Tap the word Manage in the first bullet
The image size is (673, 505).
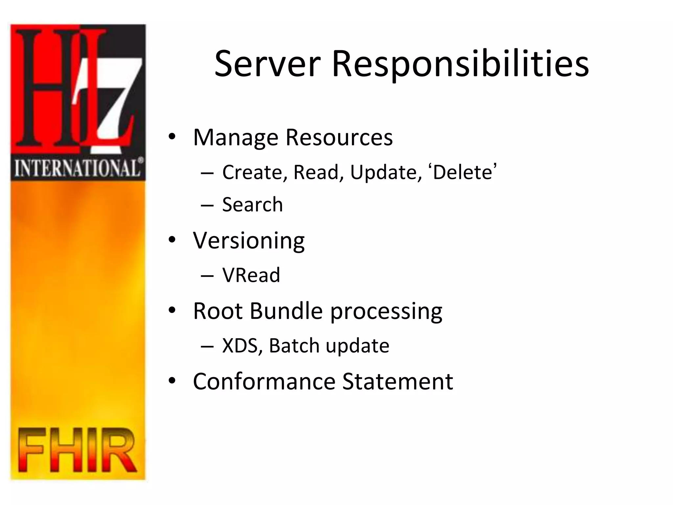click(x=236, y=137)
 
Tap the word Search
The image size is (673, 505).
click(x=252, y=204)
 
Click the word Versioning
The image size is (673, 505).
click(x=249, y=241)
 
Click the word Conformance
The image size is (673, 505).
click(x=264, y=381)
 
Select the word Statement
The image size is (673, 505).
click(x=398, y=381)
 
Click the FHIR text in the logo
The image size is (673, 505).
click(x=77, y=450)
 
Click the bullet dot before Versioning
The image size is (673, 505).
click(x=172, y=240)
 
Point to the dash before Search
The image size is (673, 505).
click(x=207, y=205)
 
